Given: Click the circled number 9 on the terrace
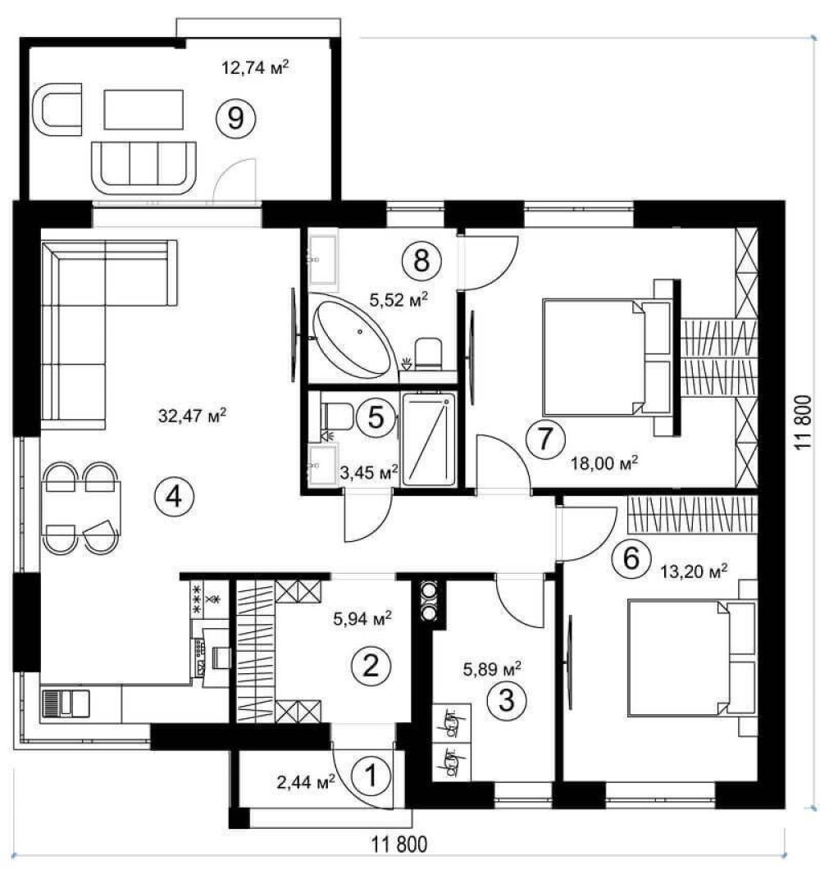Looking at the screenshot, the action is coord(235,117).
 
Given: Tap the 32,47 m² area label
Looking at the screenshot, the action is coord(193,416).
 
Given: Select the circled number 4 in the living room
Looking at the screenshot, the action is coord(174,495).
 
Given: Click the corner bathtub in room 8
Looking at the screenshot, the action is coord(352,338).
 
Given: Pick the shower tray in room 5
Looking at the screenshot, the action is coord(429,439).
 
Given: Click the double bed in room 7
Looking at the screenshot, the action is coord(608,357).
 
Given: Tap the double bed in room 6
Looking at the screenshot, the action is coord(692,658).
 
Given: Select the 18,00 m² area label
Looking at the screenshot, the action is coord(604,463).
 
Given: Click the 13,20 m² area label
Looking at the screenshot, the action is coord(694,572).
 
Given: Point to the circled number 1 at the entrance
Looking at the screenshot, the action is coord(371,776).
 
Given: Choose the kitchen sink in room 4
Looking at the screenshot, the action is coord(66,703).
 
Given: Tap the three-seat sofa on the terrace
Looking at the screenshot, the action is coord(143,168).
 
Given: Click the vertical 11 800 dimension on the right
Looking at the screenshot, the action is coord(804,423).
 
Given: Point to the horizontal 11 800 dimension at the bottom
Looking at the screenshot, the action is coord(399,845).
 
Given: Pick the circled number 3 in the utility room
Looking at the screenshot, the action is coord(506,700).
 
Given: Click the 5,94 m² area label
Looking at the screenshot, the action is coord(362,618).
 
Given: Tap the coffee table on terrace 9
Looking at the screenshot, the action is coord(143,110).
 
